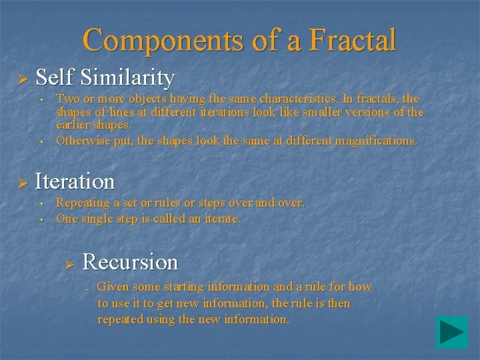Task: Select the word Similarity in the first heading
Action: (x=127, y=78)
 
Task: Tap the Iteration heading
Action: (x=75, y=181)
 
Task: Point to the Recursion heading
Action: (x=130, y=262)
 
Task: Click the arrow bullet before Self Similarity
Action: (x=21, y=80)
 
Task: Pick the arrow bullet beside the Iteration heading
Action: (x=21, y=183)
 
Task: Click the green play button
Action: (x=452, y=332)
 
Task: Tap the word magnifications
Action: (x=375, y=141)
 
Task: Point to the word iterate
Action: (x=221, y=219)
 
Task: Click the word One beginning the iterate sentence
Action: (x=67, y=219)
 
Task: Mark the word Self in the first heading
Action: (x=53, y=78)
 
